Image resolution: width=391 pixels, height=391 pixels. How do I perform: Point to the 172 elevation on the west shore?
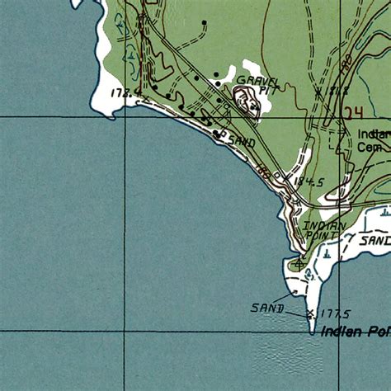pos(126,94)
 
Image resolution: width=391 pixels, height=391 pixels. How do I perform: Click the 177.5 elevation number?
pos(334,313)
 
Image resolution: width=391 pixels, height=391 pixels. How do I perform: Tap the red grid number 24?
pos(355,112)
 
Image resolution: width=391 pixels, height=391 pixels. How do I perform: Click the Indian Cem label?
pos(373,140)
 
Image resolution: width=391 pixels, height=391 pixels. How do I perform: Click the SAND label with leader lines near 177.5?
pos(267,309)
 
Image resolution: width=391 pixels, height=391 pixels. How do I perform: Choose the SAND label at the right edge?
pos(376,240)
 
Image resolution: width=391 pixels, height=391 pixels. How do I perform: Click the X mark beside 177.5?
pos(310,313)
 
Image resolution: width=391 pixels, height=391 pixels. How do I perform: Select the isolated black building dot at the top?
pos(204,22)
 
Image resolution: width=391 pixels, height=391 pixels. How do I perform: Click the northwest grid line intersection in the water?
pos(125,117)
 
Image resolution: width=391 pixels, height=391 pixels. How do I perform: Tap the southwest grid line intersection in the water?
pos(125,330)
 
